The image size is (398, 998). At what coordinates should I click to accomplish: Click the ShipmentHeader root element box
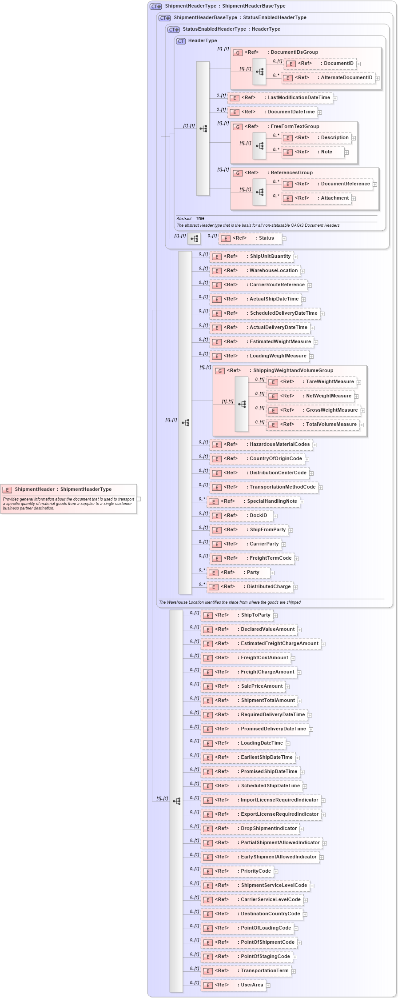tap(68, 489)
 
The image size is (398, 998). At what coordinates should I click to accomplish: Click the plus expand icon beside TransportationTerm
tap(294, 971)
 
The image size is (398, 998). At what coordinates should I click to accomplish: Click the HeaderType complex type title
tap(202, 41)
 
